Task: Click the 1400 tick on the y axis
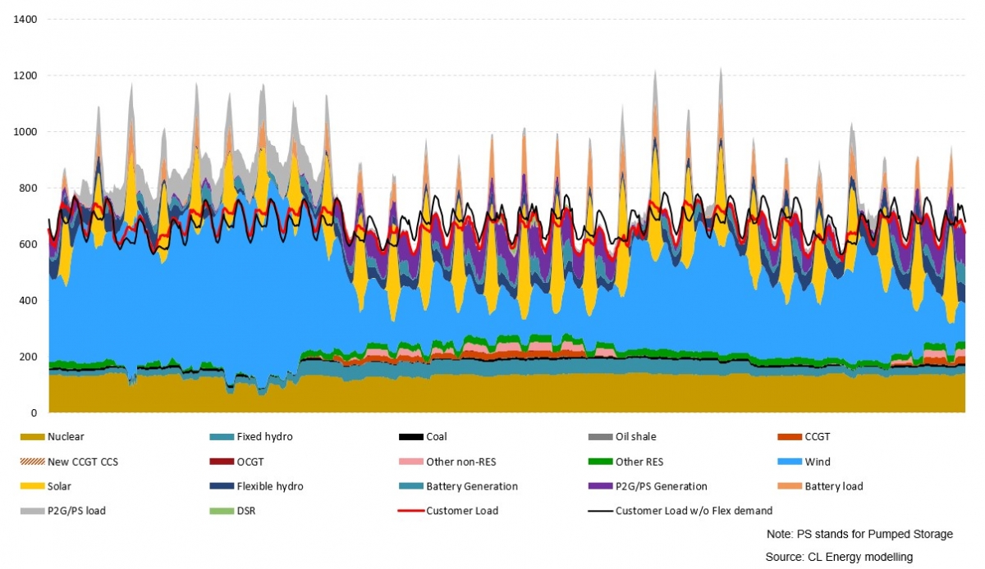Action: (26, 19)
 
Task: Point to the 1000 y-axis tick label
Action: (26, 131)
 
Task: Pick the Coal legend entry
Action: (436, 437)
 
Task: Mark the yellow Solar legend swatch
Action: (32, 486)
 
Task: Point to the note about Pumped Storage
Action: (859, 534)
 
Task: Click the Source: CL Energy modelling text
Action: (839, 557)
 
